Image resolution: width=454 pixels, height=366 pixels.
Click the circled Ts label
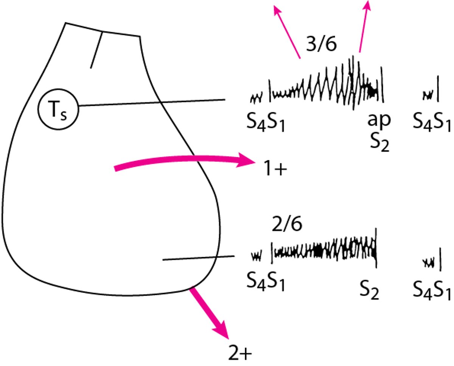(x=58, y=109)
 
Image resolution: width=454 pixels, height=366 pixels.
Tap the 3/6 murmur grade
(x=321, y=45)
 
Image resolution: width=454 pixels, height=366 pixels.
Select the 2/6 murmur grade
(x=287, y=225)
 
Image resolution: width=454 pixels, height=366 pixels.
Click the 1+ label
(x=275, y=168)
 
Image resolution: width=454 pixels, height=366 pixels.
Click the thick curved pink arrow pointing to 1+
(x=183, y=160)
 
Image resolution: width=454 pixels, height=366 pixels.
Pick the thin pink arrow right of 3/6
(x=364, y=26)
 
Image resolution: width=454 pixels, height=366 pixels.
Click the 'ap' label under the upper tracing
(x=379, y=120)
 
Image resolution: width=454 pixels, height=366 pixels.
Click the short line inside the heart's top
(x=96, y=50)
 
